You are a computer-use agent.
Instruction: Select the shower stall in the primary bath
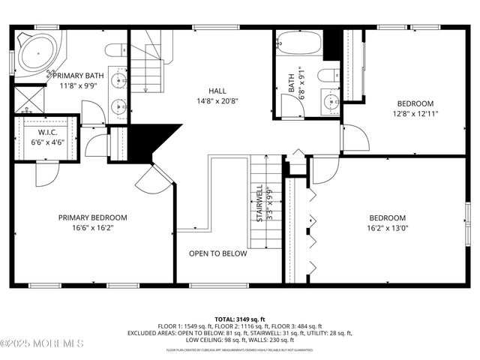coord(28,99)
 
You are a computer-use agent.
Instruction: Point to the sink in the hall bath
coord(330,100)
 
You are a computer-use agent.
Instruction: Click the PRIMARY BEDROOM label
coord(93,217)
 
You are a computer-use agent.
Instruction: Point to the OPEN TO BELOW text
coord(217,253)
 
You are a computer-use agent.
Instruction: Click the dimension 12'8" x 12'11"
coord(415,114)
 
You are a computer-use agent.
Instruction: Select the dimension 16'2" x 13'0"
coord(388,228)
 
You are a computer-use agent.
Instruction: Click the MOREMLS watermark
coord(43,343)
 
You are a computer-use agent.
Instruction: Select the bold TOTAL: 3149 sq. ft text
coord(240,318)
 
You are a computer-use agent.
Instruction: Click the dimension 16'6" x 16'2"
coord(93,228)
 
